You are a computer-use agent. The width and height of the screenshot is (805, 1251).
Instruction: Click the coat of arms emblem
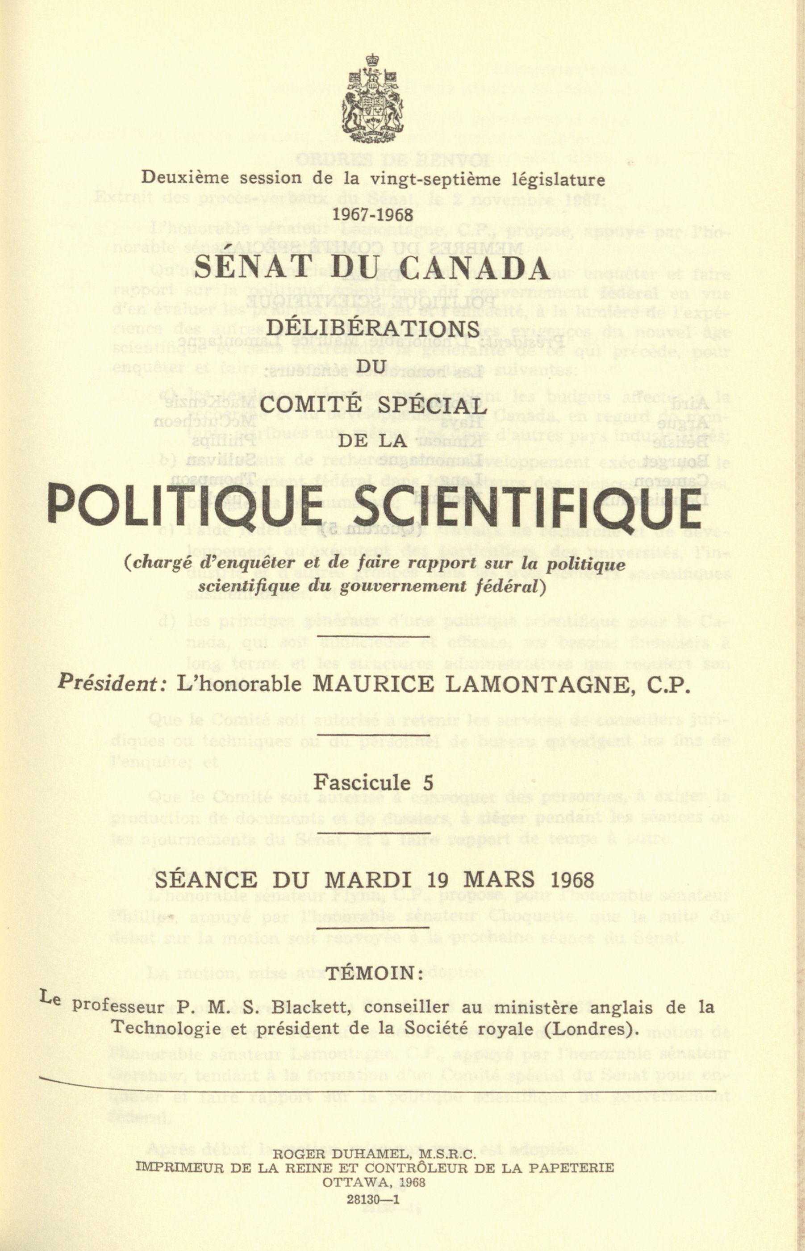[x=372, y=99]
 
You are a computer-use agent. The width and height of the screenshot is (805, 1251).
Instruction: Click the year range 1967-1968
[x=373, y=215]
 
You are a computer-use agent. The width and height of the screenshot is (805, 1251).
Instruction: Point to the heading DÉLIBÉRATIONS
[x=373, y=329]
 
